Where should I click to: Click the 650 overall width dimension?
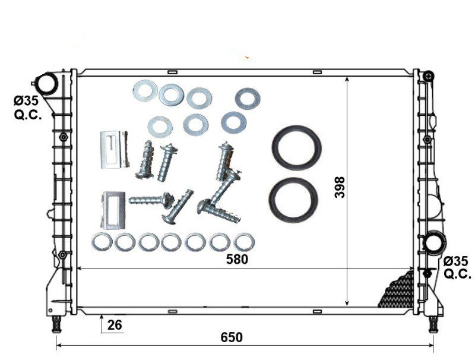232,337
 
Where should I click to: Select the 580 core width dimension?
237,260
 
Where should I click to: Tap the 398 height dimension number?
340,187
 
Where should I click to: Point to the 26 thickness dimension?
115,325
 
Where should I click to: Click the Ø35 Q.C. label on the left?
27,108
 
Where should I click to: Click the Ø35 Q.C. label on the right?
457,267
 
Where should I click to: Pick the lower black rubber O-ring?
293,200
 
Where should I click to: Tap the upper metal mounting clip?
114,149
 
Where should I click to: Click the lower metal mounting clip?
113,210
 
